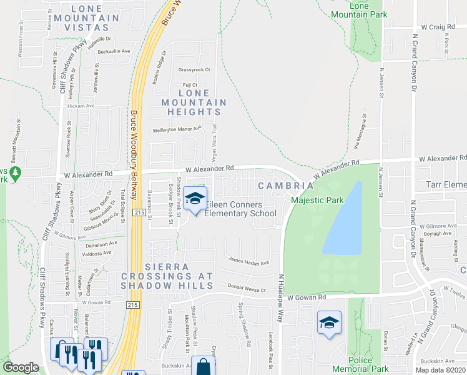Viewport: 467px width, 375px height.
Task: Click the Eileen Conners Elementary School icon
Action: [195, 199]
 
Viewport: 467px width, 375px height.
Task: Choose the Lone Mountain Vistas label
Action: [95, 14]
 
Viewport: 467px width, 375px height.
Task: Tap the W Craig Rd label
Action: [437, 27]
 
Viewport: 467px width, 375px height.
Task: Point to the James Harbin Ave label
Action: [248, 262]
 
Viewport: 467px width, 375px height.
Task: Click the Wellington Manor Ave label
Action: [178, 129]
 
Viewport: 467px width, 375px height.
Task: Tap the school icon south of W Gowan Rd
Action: [329, 323]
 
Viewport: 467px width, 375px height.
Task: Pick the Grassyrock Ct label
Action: [194, 69]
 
